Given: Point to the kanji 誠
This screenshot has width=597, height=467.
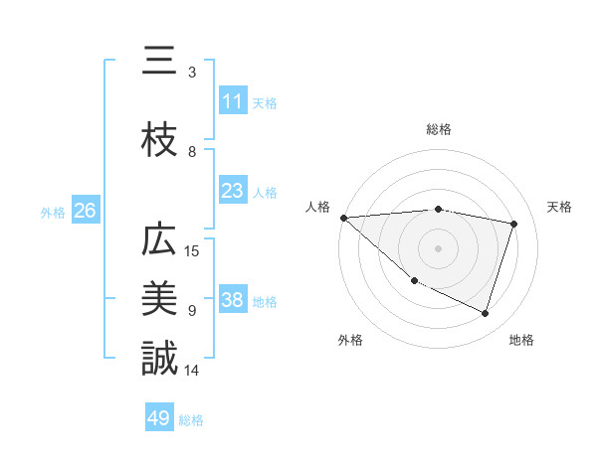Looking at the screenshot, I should pyautogui.click(x=159, y=359).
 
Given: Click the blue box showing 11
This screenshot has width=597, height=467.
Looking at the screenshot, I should pyautogui.click(x=232, y=101).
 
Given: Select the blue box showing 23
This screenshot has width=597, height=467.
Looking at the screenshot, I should pyautogui.click(x=232, y=191).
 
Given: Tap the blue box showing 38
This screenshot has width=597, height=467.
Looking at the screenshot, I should pyautogui.click(x=232, y=300).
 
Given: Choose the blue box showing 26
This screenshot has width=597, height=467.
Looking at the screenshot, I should pyautogui.click(x=85, y=211).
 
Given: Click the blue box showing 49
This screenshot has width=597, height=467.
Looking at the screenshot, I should pyautogui.click(x=159, y=418).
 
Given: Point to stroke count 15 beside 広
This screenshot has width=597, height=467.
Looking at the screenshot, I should pyautogui.click(x=193, y=250).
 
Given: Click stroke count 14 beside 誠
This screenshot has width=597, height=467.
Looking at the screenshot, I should pyautogui.click(x=193, y=370).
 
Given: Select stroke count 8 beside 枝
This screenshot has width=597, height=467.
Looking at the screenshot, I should pyautogui.click(x=192, y=152).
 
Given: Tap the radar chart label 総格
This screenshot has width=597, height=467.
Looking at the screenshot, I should pyautogui.click(x=439, y=129).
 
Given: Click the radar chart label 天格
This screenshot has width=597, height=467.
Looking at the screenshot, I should pyautogui.click(x=559, y=207).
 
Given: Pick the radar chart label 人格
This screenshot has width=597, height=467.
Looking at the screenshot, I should pyautogui.click(x=317, y=207).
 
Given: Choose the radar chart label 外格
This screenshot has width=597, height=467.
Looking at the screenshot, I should pyautogui.click(x=350, y=340).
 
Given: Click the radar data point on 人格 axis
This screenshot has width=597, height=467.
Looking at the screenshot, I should pyautogui.click(x=343, y=218).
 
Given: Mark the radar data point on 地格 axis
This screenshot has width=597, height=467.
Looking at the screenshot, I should pyautogui.click(x=486, y=314).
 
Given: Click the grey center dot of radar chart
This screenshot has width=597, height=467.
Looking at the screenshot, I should pyautogui.click(x=439, y=248).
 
